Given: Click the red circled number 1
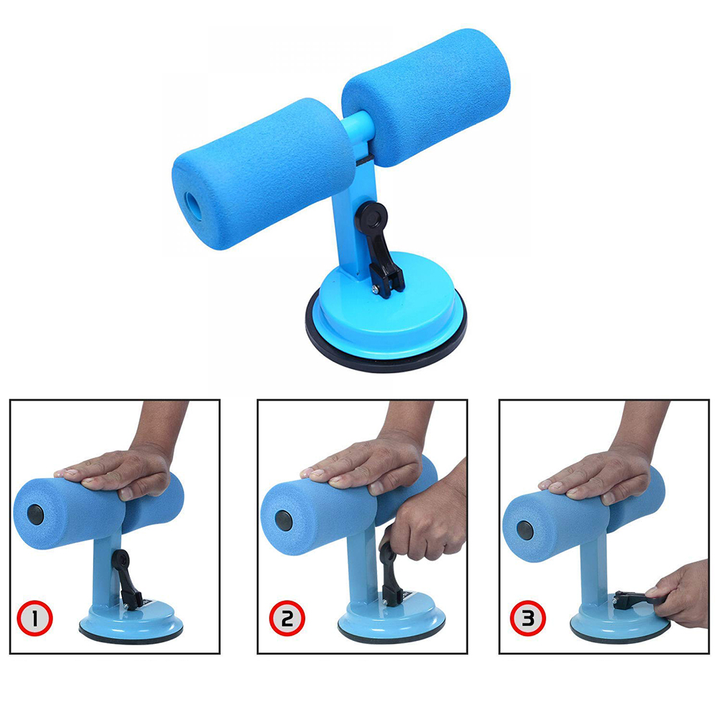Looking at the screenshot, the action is click(x=35, y=618).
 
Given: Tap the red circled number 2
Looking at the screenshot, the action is click(x=287, y=618).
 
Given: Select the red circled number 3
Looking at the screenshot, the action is click(x=528, y=618).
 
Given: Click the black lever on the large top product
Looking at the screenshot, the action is click(x=379, y=248).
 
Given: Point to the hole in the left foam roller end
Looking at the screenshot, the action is click(x=193, y=206).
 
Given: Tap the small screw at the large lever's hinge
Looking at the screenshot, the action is click(x=376, y=290).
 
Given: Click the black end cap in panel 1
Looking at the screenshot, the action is click(x=35, y=515).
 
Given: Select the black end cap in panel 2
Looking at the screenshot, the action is click(x=283, y=521).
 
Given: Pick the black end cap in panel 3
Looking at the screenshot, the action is click(x=525, y=531).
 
